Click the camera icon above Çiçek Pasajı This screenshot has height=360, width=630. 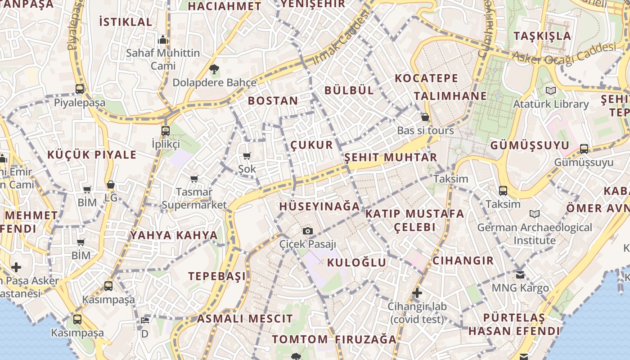pos(308,231)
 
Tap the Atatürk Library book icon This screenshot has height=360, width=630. pos(551,90)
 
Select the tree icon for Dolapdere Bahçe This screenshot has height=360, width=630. pos(214,69)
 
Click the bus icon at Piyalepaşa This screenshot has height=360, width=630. pos(80,89)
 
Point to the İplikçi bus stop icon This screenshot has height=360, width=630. pos(166,131)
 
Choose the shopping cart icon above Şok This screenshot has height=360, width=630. pos(247,156)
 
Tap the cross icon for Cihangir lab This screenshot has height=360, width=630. pos(417,293)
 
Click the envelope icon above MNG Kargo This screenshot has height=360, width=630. pos(520,274)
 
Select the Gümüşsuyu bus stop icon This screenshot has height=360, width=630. pos(584,148)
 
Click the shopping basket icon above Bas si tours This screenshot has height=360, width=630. pos(425,117)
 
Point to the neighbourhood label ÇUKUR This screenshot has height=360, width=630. pos(312,145)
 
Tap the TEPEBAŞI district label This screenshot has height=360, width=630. pos(217,276)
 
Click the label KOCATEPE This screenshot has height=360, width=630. pos(426,78)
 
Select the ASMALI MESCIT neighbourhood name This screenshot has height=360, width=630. pos(245,319)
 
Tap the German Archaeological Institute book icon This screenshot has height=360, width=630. pos(535,214)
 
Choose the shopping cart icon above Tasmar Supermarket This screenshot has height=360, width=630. pos(194,179)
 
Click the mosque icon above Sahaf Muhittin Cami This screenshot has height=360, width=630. pos(163,40)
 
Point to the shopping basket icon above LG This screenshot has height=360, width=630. pos(111,184)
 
